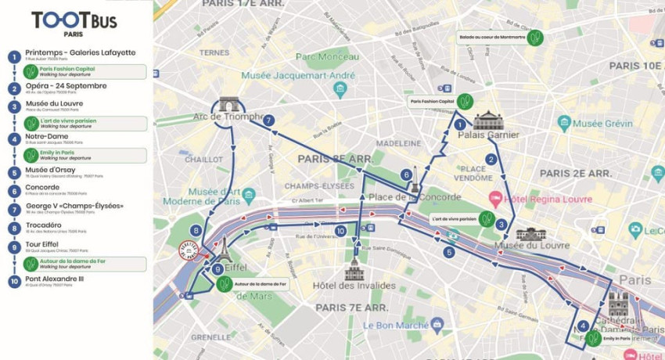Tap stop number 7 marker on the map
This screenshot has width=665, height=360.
tap(268, 121)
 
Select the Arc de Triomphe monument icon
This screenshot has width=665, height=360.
tap(228, 105)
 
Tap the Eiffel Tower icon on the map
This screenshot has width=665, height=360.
tap(224, 249)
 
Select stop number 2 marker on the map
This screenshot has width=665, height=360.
tap(491, 159)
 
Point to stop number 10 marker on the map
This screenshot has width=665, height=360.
tap(340, 231)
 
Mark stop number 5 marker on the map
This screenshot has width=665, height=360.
tap(449, 252)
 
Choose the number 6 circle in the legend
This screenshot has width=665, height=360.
tap(13, 191)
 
